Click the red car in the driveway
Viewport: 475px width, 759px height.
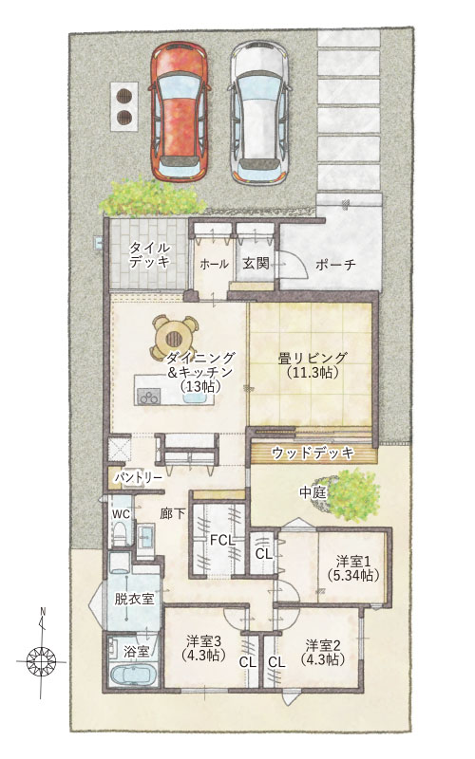[x=180, y=111]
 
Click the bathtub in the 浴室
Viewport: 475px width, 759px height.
[x=132, y=675]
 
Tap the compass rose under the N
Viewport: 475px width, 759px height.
[x=41, y=659]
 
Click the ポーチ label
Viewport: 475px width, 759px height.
[x=335, y=265]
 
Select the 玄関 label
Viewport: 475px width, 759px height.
[x=256, y=264]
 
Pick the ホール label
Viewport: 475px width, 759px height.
[x=214, y=264]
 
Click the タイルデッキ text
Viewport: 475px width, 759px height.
[x=149, y=254]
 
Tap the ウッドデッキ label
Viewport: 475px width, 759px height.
[x=313, y=454]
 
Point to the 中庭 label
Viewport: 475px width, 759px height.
[x=313, y=492]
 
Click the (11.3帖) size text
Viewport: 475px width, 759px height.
[x=313, y=373]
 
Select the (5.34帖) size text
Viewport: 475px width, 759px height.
[x=352, y=576]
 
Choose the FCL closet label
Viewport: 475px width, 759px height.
[x=222, y=541]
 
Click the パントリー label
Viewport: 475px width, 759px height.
[x=138, y=477]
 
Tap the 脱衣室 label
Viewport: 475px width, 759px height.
[x=134, y=599]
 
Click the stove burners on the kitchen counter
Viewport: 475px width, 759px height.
[x=148, y=397]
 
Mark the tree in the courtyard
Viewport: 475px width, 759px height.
[x=351, y=494]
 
